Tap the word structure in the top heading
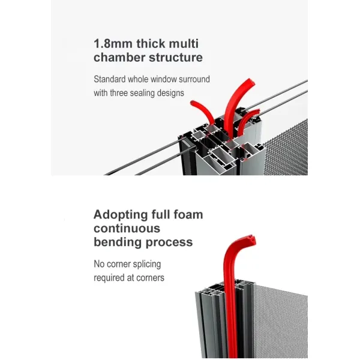pyautogui.click(x=175, y=58)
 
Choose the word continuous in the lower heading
pyautogui.click(x=127, y=229)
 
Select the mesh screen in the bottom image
pyautogui.click(x=276, y=318)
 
